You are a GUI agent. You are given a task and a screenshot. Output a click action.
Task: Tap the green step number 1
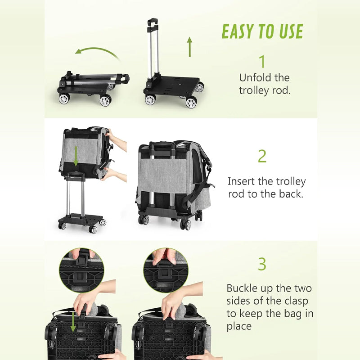point(262,62)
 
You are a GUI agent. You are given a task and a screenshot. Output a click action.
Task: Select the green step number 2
point(262,156)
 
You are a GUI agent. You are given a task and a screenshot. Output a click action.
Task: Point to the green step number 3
point(262,264)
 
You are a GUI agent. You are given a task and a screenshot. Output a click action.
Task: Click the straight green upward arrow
point(190,47)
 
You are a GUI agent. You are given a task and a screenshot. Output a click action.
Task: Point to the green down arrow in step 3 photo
point(73,321)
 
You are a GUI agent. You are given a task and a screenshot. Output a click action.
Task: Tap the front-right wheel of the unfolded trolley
point(191,103)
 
